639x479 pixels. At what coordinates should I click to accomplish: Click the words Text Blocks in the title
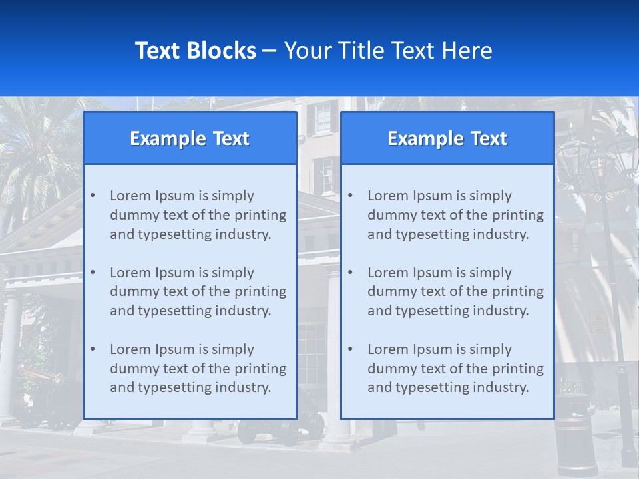[x=195, y=51]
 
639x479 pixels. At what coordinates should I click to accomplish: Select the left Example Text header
[x=190, y=138]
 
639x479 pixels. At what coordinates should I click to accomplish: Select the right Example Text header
[x=447, y=138]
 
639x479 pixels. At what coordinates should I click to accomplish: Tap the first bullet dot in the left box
[x=93, y=196]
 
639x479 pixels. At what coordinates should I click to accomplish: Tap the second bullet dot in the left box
[x=93, y=273]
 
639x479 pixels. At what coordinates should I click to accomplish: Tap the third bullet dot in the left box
[x=93, y=349]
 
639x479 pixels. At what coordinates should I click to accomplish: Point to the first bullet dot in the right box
[x=350, y=196]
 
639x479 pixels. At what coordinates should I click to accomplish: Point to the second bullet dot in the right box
[x=350, y=273]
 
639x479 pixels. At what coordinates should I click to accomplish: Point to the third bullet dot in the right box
[x=350, y=349]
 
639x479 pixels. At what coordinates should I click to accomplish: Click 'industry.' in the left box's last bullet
[x=244, y=387]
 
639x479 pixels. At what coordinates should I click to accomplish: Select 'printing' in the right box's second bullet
[x=519, y=291]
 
